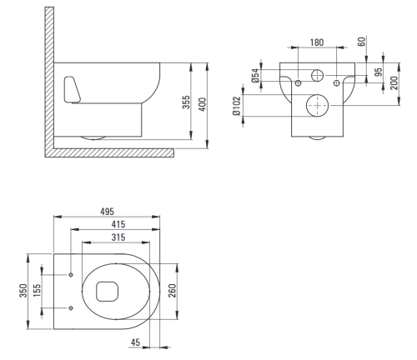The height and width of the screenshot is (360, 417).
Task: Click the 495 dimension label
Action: click(x=107, y=212)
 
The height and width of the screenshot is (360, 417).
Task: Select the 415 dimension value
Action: click(x=118, y=224)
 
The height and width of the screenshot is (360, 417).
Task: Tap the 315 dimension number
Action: click(x=118, y=237)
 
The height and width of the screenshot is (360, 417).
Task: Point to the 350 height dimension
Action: click(x=23, y=291)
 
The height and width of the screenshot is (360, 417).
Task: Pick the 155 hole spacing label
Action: click(x=37, y=291)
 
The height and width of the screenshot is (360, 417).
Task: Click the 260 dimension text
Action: click(x=173, y=291)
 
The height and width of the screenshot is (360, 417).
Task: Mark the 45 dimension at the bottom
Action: click(x=135, y=342)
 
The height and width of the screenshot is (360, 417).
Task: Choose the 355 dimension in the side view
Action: click(x=186, y=102)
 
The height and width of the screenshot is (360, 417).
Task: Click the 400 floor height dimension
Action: click(x=203, y=104)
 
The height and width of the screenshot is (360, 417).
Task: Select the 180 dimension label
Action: click(x=317, y=42)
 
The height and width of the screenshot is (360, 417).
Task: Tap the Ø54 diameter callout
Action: click(x=255, y=76)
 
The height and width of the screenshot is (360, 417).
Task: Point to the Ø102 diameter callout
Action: click(x=237, y=106)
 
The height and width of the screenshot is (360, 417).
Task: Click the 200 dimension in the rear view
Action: click(x=394, y=82)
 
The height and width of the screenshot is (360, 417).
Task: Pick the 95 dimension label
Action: click(x=378, y=72)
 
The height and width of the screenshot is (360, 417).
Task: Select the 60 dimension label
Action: click(x=361, y=42)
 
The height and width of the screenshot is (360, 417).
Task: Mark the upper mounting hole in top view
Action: click(x=71, y=275)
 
